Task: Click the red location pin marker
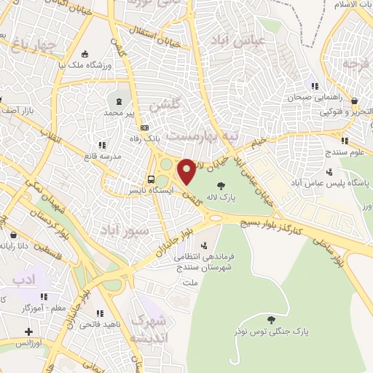pyautogui.click(x=187, y=171)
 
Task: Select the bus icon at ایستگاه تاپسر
pyautogui.click(x=150, y=179)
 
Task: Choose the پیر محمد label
pyautogui.click(x=119, y=113)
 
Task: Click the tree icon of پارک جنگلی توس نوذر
pyautogui.click(x=272, y=320)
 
